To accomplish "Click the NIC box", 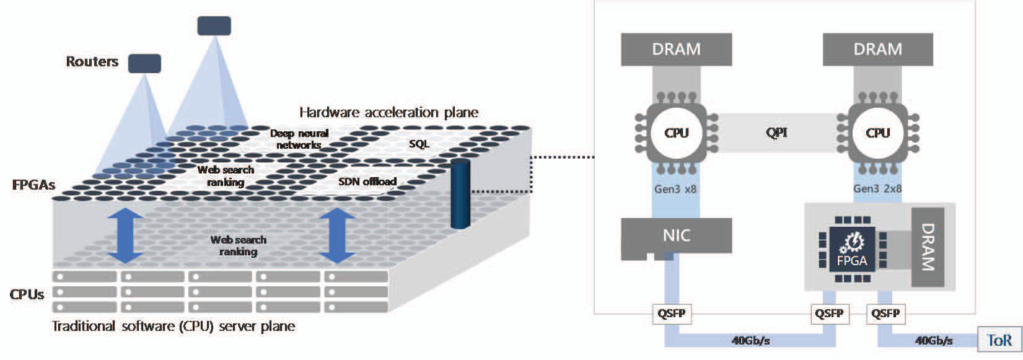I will pos(676,236).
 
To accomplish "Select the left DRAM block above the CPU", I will pos(676,49).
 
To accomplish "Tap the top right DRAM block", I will pos(877,49).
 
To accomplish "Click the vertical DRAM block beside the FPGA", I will pos(927,247).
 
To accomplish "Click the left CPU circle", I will pos(676,133).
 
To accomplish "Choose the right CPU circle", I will pos(877,133).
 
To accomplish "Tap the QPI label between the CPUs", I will pos(776,133).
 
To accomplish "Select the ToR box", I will pos(999,340).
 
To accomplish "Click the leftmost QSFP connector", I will pos(671,314).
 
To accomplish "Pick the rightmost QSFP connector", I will pos(885,314).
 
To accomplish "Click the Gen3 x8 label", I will pos(675,189).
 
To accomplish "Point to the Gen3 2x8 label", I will pos(877,189).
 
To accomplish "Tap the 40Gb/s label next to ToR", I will pos(933,340).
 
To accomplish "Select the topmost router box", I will pos(214,26).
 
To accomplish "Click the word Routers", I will pos(92,61).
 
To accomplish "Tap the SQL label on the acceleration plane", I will pos(419,144).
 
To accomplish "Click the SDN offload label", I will pos(367,182).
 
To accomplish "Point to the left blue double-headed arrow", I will pos(126,236).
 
